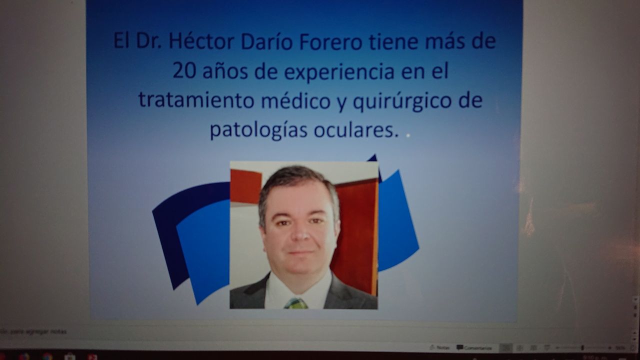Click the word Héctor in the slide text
click(201, 41)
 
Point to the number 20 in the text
click(185, 71)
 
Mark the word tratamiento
click(196, 100)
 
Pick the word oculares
click(356, 129)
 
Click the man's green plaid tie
click(296, 303)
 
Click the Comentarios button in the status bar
click(474, 347)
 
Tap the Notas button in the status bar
click(439, 347)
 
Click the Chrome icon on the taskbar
click(47, 356)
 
